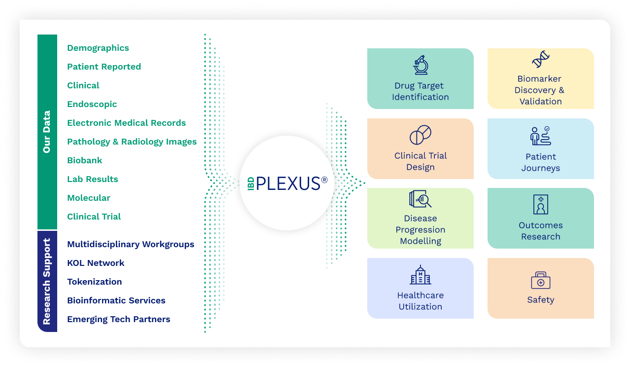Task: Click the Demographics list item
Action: (98, 48)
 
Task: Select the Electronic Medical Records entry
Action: (126, 123)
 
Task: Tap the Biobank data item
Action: (85, 160)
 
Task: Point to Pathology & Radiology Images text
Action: (132, 142)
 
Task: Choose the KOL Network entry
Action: (96, 263)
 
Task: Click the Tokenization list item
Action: (94, 282)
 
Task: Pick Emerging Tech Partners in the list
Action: (118, 319)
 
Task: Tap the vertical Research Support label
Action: (47, 281)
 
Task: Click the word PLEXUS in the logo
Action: (288, 183)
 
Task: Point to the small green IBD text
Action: (250, 183)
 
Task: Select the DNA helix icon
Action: (540, 59)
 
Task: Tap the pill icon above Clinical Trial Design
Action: (420, 135)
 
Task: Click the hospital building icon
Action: (420, 275)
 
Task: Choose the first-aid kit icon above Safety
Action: (540, 280)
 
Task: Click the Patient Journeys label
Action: (540, 162)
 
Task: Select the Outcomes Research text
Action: (540, 231)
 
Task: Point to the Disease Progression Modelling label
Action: (420, 229)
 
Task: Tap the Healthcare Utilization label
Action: (420, 301)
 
